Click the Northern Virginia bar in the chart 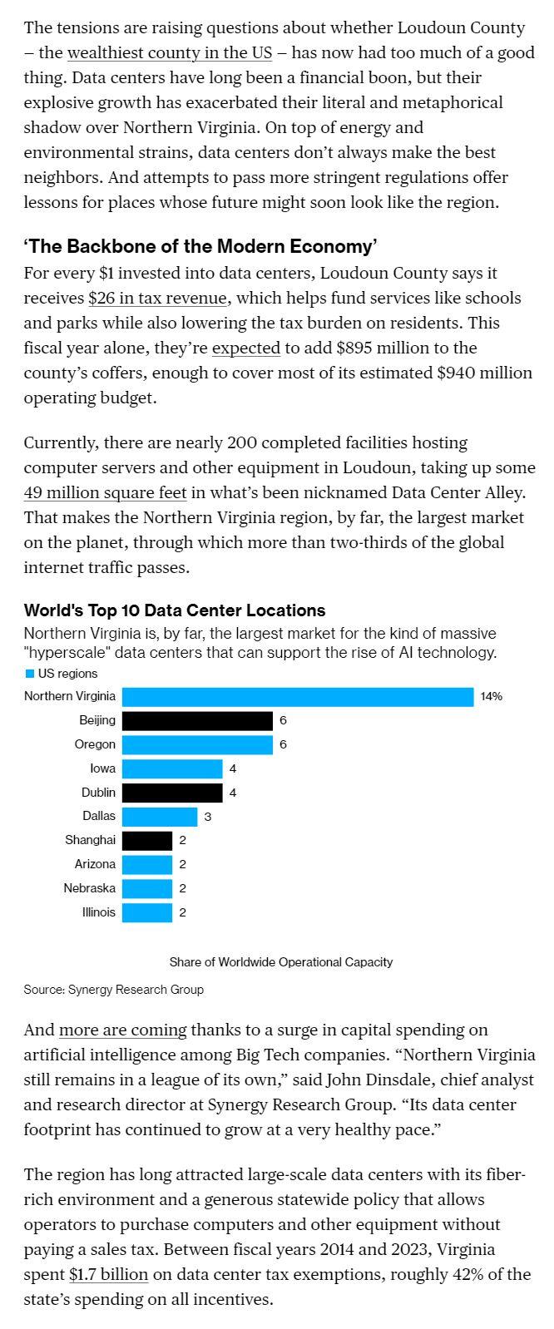click(x=297, y=696)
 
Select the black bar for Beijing click(x=197, y=720)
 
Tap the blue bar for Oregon click(x=197, y=744)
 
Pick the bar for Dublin click(x=172, y=793)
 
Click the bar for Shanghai click(x=147, y=840)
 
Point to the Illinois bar click(x=147, y=912)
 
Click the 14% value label click(x=491, y=696)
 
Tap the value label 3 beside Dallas click(x=208, y=817)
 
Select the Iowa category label click(x=102, y=768)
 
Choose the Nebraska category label click(x=89, y=888)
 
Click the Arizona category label click(x=95, y=864)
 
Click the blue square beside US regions click(x=30, y=674)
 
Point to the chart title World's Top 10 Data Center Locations click(x=175, y=610)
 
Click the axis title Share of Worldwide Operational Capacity click(x=281, y=961)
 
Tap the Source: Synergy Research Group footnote click(x=113, y=990)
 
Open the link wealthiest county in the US click(x=170, y=52)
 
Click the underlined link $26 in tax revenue click(x=157, y=298)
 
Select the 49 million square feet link click(x=105, y=492)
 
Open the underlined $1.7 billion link click(x=108, y=1274)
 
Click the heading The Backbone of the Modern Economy click(x=200, y=246)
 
